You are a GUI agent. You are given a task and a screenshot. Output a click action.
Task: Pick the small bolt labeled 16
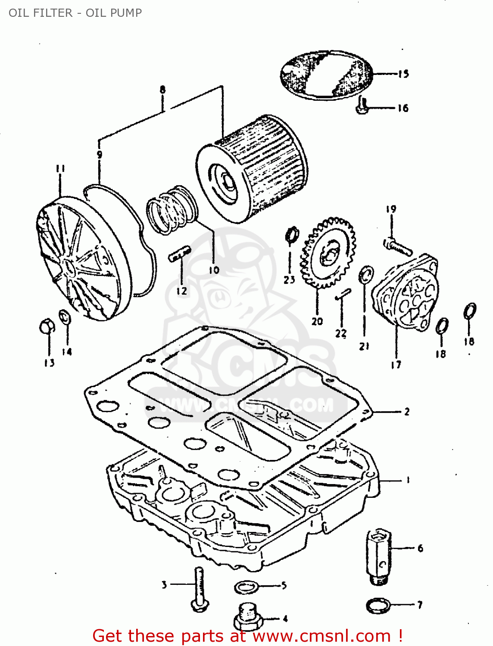(362, 106)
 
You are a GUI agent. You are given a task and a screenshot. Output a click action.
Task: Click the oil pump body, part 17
(405, 293)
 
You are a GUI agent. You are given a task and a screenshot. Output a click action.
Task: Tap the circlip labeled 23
(292, 234)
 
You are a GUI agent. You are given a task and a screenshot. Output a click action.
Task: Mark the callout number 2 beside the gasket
(406, 412)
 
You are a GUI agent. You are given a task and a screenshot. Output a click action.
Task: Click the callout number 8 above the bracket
(162, 90)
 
